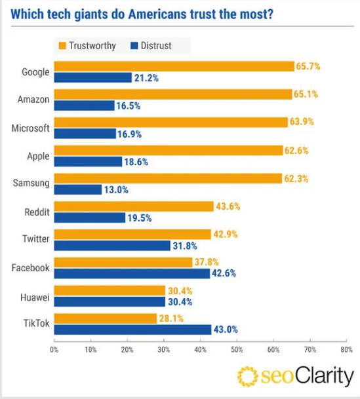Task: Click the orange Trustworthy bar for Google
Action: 174,66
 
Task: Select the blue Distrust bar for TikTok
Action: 132,329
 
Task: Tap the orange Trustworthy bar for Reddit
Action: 134,206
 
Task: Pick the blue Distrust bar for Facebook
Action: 132,273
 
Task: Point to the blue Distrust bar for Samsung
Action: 77,189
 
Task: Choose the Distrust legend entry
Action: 150,45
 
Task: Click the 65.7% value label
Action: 308,66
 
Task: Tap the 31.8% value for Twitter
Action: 186,246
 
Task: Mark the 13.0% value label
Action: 117,189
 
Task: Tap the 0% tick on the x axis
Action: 54,350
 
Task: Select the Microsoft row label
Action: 30,128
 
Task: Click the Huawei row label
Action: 35,295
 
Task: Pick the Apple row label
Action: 37,156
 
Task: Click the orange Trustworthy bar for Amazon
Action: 172,94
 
